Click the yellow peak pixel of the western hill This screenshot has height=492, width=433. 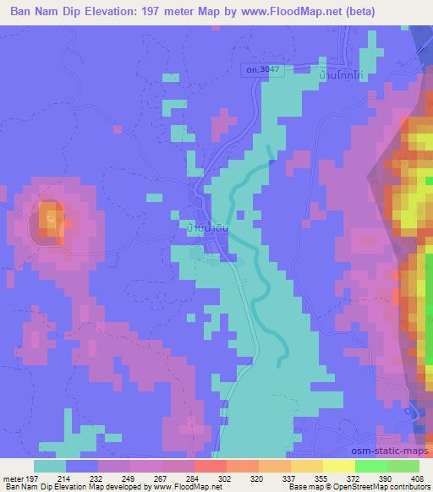51,217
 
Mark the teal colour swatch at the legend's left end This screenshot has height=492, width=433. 49,466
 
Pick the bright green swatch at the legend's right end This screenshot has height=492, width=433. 387,466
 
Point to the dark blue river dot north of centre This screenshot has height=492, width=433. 270,153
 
